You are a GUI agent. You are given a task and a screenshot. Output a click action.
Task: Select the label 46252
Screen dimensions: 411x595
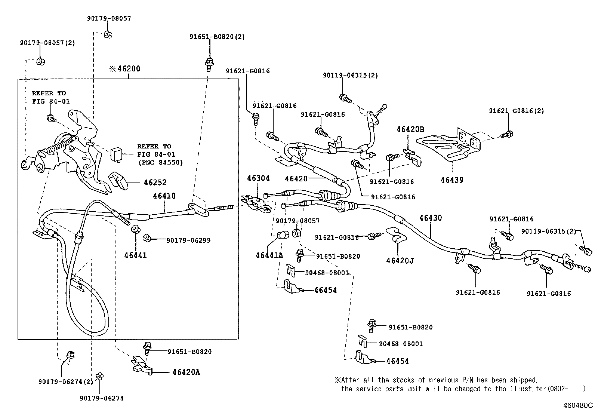tap(155, 183)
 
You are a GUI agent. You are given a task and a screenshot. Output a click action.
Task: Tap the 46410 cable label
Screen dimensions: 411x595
tap(164, 196)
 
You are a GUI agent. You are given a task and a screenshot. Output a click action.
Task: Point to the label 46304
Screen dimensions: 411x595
tap(258, 178)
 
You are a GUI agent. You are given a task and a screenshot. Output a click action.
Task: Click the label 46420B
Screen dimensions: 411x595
tap(410, 129)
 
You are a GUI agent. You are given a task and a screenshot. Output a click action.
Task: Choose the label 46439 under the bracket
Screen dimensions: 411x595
tap(451, 180)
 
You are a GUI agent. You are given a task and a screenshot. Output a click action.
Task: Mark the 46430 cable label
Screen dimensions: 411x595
tap(430, 218)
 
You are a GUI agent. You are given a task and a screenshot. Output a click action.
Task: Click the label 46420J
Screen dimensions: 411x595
tap(400, 261)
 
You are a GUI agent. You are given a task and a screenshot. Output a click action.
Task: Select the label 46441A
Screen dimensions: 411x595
tap(269, 255)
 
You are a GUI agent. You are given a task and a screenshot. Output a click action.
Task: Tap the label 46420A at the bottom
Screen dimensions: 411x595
tap(186, 372)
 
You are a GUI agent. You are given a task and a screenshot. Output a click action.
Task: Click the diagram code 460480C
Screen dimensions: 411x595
tap(578, 405)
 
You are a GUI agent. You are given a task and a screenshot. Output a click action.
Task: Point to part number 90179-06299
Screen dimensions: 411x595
tap(188, 240)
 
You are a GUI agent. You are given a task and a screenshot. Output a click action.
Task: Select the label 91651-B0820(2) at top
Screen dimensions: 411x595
tap(217, 37)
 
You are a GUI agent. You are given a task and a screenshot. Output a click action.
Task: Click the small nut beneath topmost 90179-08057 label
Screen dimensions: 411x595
tap(108, 35)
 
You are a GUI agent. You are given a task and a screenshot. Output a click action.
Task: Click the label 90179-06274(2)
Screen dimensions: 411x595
tap(65, 381)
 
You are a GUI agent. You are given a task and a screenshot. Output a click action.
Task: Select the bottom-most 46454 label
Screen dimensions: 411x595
tap(397, 361)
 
